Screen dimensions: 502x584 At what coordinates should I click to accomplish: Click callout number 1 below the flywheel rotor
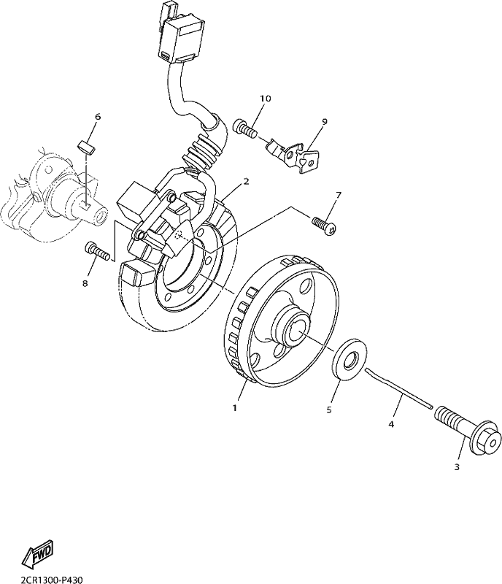(x=235, y=408)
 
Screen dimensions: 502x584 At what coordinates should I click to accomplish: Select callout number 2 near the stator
(x=246, y=181)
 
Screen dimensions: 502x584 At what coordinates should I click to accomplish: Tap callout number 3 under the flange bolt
(x=457, y=466)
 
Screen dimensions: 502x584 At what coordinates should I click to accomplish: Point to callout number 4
(x=391, y=424)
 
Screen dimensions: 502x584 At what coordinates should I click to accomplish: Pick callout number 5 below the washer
(x=329, y=410)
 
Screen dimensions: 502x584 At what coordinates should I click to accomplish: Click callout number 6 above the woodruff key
(x=98, y=117)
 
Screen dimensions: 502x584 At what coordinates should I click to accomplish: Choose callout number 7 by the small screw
(x=338, y=195)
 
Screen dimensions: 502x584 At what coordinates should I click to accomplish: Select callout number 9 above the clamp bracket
(x=325, y=121)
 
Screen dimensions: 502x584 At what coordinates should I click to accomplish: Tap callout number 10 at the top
(x=266, y=99)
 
